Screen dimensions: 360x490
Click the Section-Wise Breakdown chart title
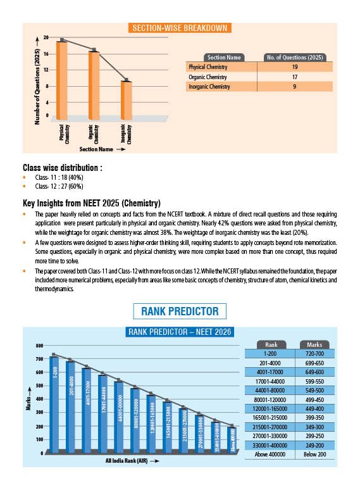point(179,28)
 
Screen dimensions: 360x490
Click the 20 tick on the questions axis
point(46,39)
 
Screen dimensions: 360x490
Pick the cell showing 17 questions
point(294,77)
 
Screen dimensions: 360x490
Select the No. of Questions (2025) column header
point(294,58)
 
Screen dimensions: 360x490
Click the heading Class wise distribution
point(63,168)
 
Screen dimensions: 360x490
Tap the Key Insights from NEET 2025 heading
point(92,203)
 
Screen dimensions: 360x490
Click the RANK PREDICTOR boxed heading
point(180,311)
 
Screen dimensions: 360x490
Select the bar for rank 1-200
point(54,405)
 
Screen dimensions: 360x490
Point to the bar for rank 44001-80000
point(119,417)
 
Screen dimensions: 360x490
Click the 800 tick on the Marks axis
point(39,346)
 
